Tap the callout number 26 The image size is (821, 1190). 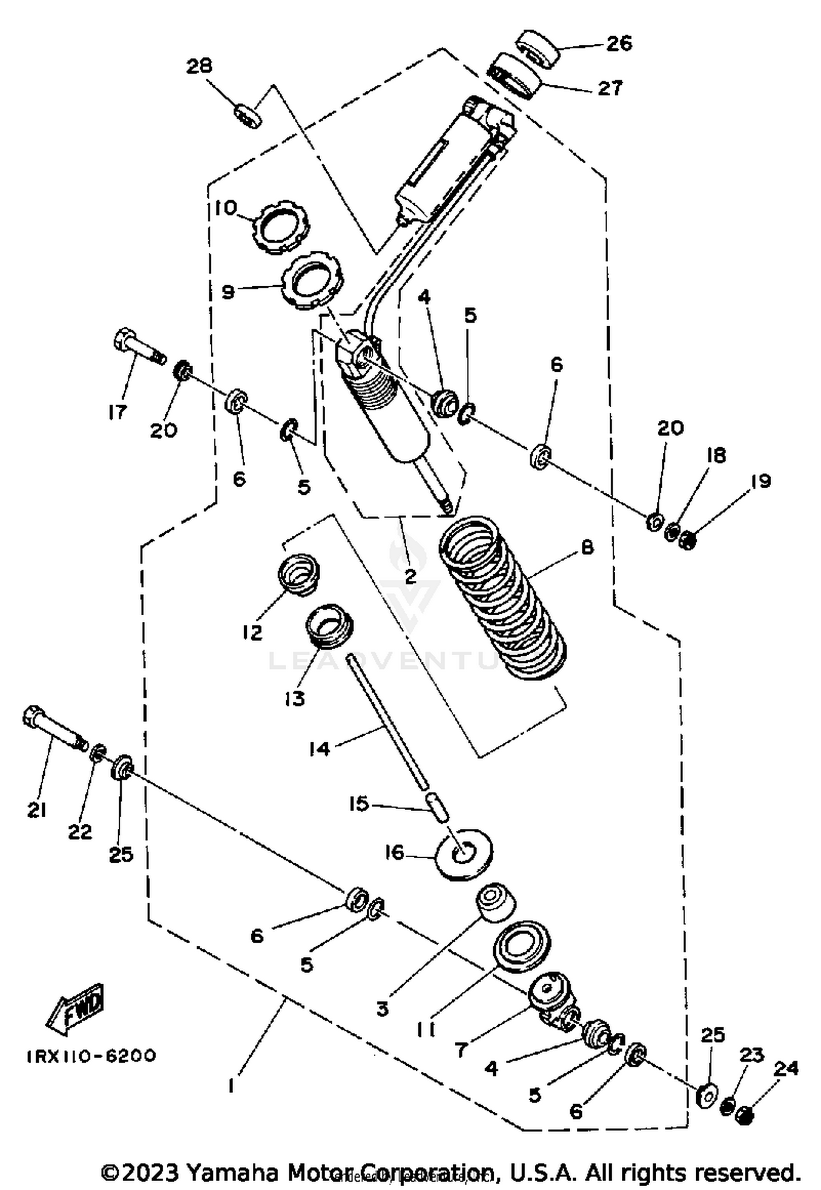620,43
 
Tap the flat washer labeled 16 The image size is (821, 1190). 463,852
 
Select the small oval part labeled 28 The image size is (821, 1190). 248,116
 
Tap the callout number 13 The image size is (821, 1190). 295,698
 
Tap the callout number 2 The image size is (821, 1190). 409,576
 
